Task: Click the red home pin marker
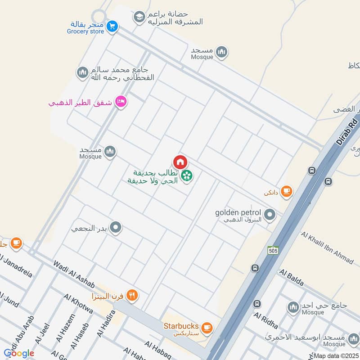[180, 162]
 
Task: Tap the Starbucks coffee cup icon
[207, 327]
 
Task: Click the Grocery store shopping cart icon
[112, 27]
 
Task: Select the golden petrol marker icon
[270, 215]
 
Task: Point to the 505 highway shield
[272, 250]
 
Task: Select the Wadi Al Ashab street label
[74, 274]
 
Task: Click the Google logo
[19, 353]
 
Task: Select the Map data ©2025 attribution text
[336, 355]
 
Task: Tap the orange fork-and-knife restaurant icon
[132, 296]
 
